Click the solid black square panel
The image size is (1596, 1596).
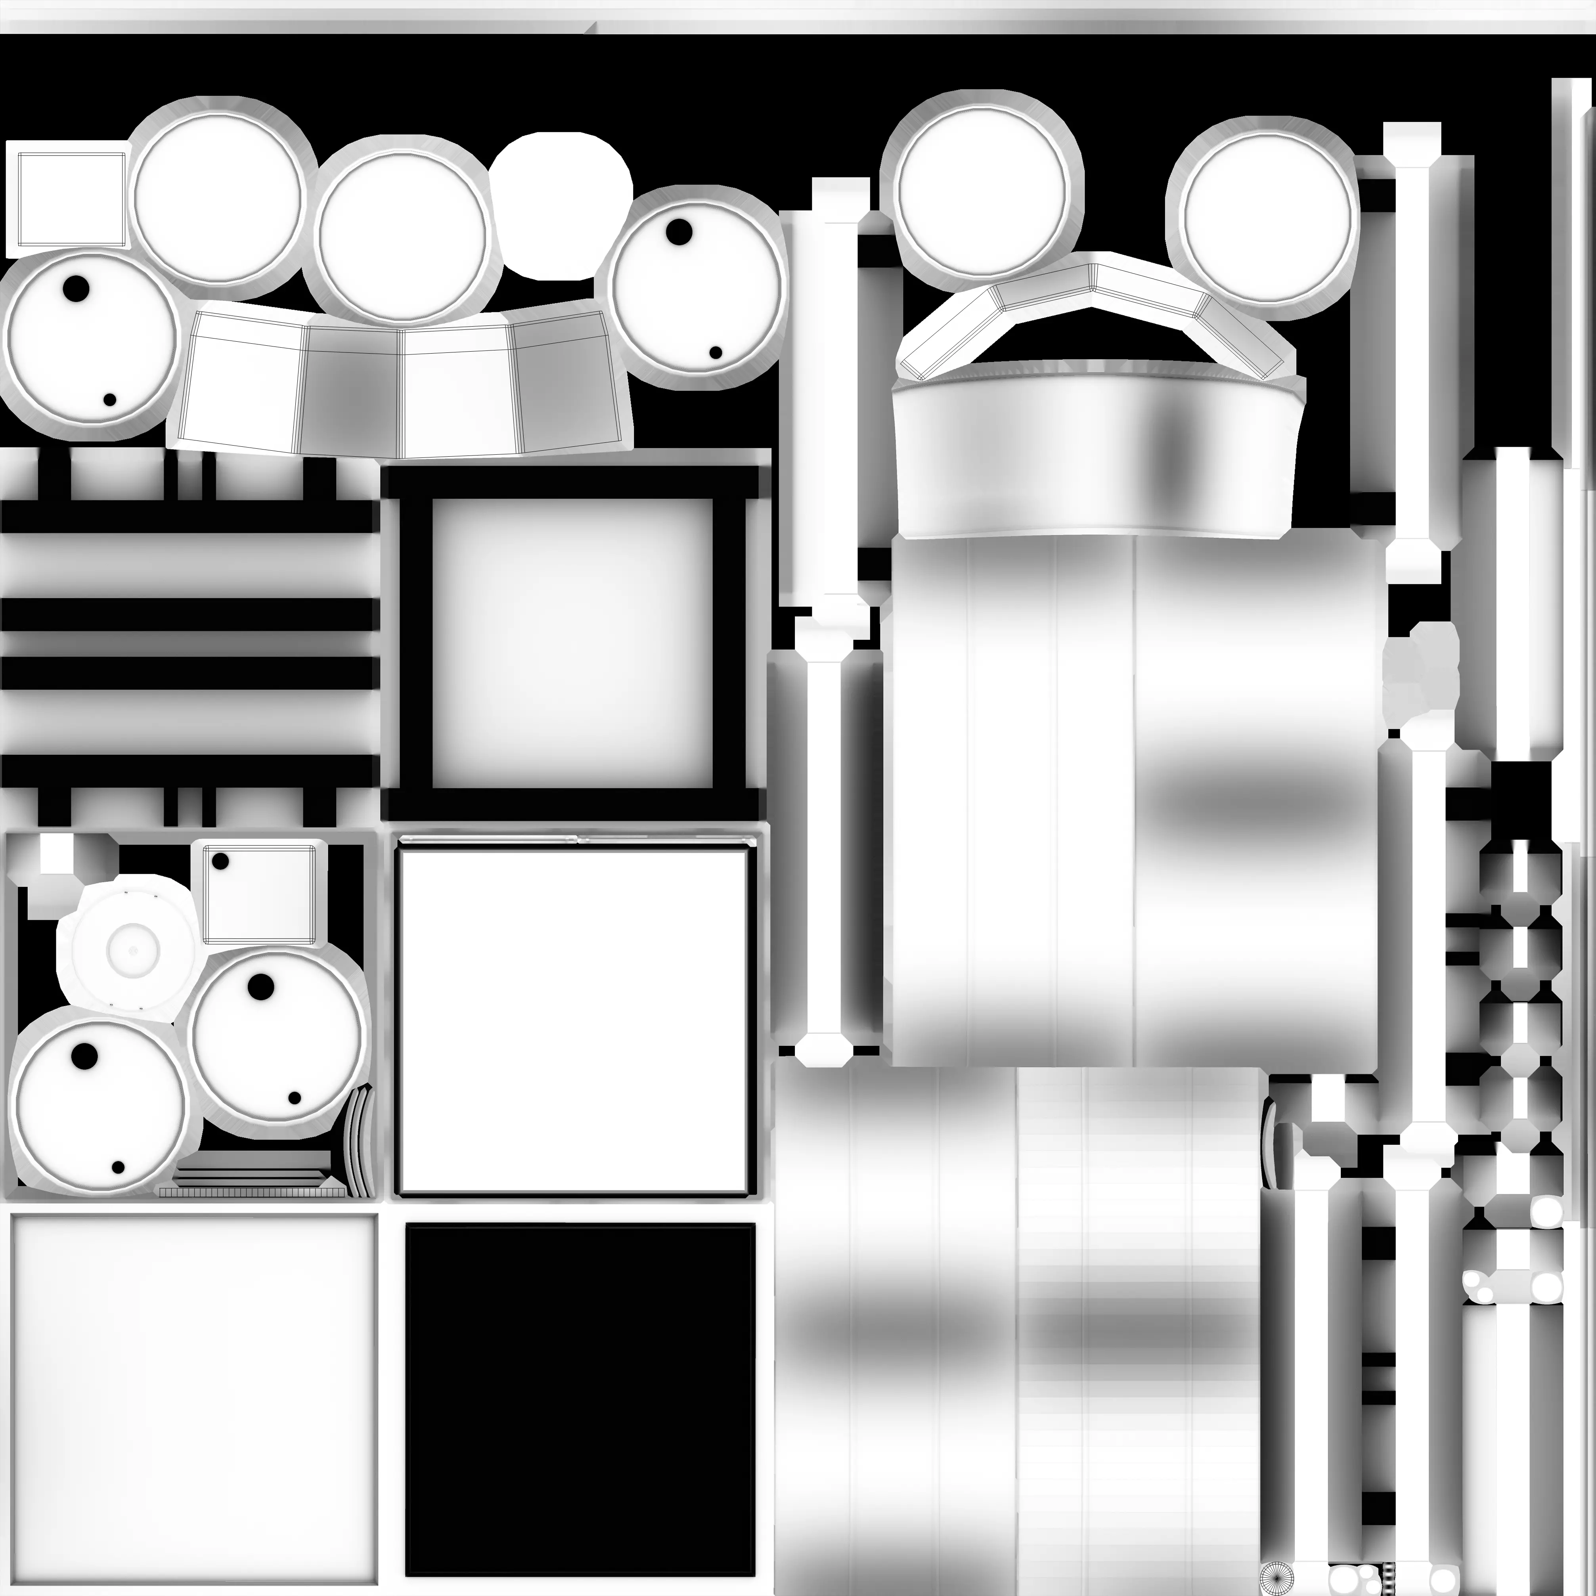point(580,1400)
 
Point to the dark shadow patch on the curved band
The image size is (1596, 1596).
point(1173,446)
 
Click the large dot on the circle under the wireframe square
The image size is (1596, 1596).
point(76,288)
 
